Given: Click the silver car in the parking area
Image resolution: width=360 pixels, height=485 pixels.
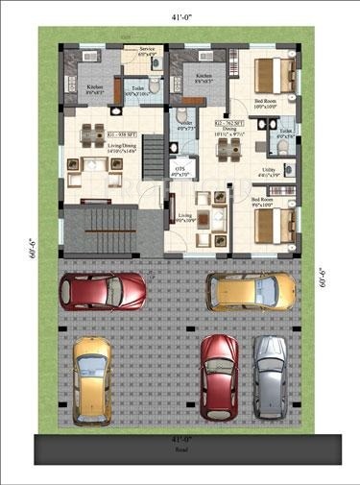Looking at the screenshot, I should point(271,376).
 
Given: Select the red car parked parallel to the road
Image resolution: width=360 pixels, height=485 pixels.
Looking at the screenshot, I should point(104,289).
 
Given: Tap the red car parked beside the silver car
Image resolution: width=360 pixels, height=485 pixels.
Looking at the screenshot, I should point(220,376).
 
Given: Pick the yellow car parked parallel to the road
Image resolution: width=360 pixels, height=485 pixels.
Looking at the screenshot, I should point(252,289).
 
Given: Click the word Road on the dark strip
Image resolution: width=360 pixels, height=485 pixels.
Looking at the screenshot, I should point(180,449).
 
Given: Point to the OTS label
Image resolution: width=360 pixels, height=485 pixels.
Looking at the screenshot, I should point(180,167).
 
